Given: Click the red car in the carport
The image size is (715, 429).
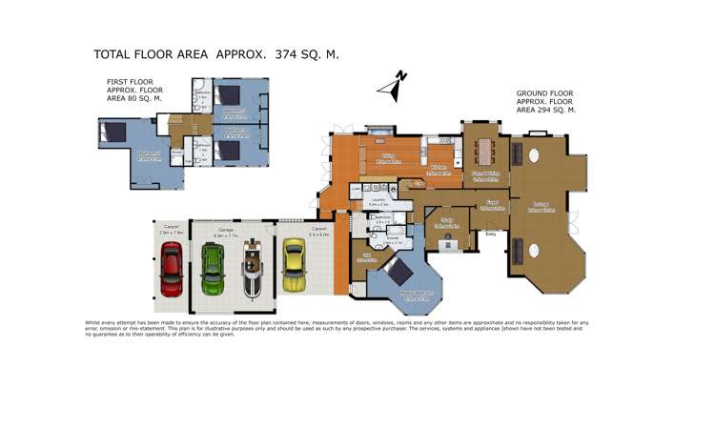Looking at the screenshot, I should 171,271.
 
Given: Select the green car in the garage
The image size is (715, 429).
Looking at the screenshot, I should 212,270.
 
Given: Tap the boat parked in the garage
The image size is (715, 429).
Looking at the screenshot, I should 252,270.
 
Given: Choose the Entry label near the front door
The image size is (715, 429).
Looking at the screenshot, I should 491,233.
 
